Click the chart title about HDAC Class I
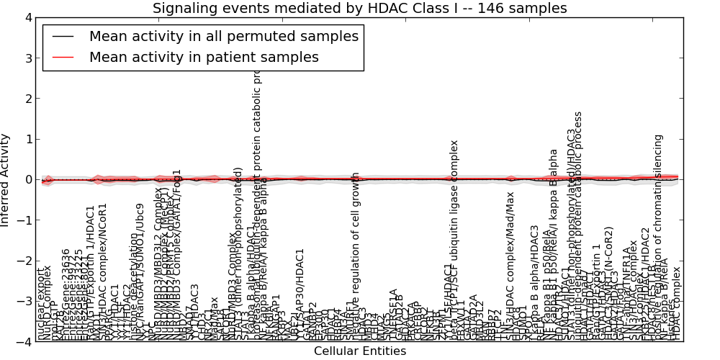359,9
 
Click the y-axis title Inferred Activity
6,180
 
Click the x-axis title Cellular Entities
359,351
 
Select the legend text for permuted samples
223,36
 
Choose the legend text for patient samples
204,57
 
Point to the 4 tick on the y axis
27,17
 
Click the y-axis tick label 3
27,58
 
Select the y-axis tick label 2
27,99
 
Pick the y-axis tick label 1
27,139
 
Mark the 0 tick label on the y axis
27,180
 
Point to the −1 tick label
24,220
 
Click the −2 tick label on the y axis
24,261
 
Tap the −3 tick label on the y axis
24,302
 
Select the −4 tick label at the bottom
24,342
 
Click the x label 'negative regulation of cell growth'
356,256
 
